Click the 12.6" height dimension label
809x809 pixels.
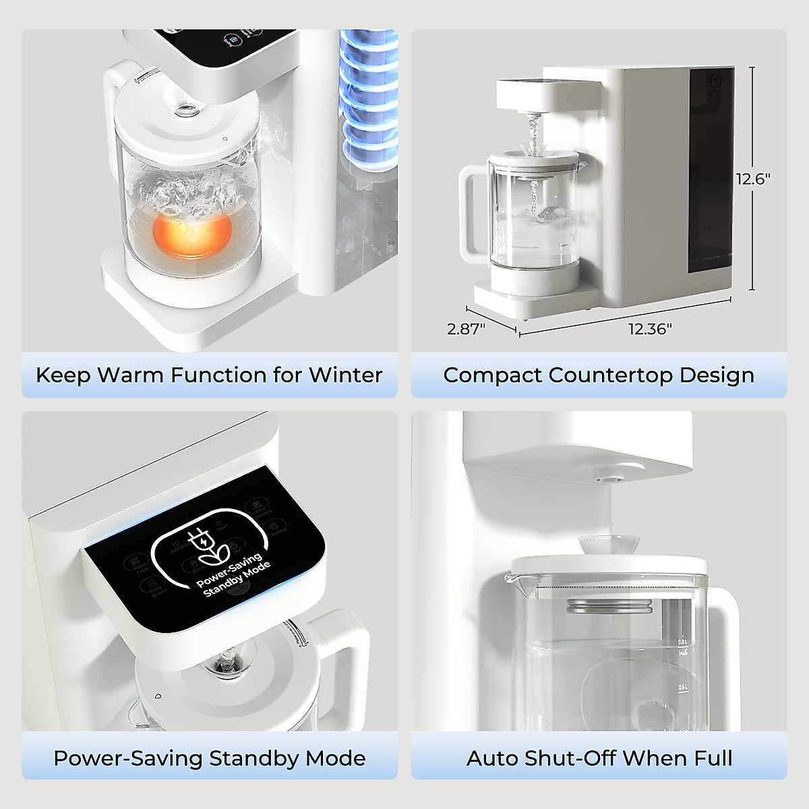point(753,179)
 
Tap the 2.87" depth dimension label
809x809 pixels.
point(467,329)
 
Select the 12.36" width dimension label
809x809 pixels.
point(650,329)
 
